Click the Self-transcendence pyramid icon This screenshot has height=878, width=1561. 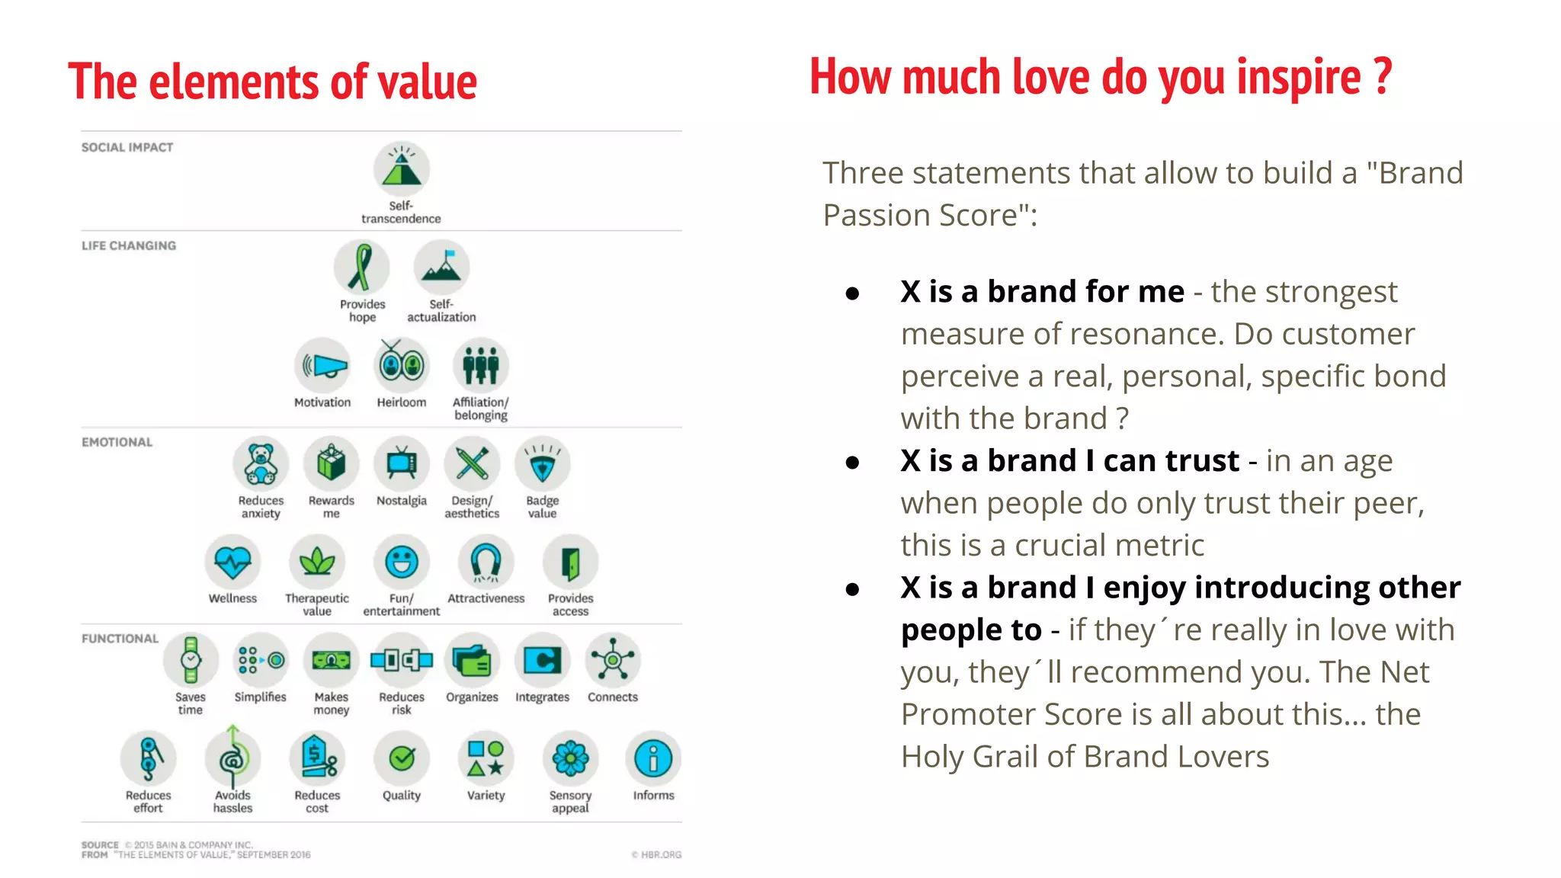click(x=402, y=169)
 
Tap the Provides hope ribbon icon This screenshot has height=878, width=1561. click(x=361, y=268)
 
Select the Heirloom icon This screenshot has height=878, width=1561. click(x=402, y=365)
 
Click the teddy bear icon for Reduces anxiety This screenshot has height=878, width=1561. click(x=261, y=463)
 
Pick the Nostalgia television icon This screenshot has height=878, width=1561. click(x=402, y=463)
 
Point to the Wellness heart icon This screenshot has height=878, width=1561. click(x=232, y=562)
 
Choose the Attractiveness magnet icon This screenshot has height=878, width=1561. click(x=486, y=562)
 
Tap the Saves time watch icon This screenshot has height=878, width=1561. click(x=191, y=660)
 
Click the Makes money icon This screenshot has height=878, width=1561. click(x=331, y=660)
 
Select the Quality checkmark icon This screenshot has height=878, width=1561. click(x=402, y=758)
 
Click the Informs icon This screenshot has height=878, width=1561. click(x=653, y=758)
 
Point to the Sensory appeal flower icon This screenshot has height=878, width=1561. click(x=570, y=758)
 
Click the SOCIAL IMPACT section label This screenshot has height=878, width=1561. click(x=127, y=147)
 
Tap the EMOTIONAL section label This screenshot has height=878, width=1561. click(x=117, y=442)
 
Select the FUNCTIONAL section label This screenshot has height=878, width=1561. click(x=120, y=639)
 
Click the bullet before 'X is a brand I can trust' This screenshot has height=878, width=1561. click(x=853, y=462)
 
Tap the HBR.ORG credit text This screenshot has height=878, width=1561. click(x=656, y=854)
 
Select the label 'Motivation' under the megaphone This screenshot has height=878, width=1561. click(x=322, y=402)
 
